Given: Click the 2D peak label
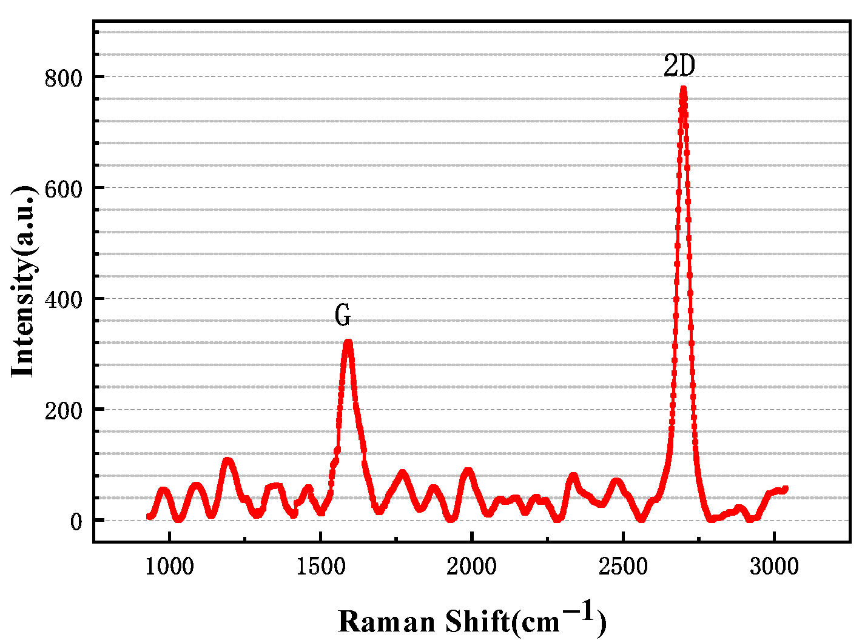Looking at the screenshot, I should (x=679, y=66).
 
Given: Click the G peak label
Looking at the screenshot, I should (x=343, y=316).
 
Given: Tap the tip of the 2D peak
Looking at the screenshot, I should (x=683, y=89).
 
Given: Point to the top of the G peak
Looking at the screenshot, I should (x=348, y=342).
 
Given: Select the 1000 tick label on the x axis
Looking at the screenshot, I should (x=169, y=567).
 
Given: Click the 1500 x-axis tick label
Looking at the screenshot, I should (x=320, y=567).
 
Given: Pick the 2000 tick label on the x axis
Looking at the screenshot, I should (x=471, y=567).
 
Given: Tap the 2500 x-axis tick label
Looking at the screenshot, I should (x=623, y=567).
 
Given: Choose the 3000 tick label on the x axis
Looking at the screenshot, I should (x=774, y=567).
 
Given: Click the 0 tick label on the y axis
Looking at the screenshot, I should (x=76, y=521).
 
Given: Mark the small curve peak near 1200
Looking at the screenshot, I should (x=227, y=460).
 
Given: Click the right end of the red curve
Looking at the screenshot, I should (x=786, y=488).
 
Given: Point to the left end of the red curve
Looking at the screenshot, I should (x=149, y=516).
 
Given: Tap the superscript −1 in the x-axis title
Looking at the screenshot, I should (x=579, y=611).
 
